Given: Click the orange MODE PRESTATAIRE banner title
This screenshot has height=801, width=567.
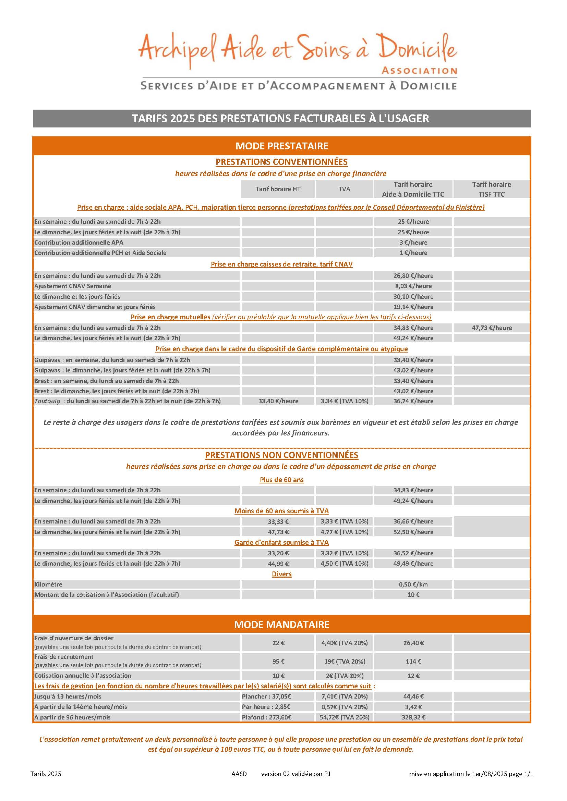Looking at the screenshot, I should click(x=282, y=146).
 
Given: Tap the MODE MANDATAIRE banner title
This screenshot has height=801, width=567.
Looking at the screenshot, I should click(x=282, y=624).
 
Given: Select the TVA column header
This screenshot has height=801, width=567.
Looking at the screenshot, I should click(x=344, y=189).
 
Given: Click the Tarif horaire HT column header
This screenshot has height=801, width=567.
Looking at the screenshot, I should click(x=278, y=189).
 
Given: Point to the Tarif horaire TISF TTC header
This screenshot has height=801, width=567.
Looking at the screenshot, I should click(x=491, y=189).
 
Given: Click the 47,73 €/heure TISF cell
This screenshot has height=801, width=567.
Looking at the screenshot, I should click(x=492, y=328).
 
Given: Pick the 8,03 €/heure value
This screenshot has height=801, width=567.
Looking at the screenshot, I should click(x=413, y=286).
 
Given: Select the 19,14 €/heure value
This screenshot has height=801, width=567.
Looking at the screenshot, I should click(x=413, y=307).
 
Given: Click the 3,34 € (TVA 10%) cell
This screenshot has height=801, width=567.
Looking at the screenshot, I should click(x=344, y=401).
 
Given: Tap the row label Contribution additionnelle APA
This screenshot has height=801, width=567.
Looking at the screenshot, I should click(x=79, y=243).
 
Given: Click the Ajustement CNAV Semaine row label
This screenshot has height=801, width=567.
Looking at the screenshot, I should click(x=73, y=286).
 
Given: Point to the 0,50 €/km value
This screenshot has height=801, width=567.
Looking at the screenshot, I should click(x=413, y=584).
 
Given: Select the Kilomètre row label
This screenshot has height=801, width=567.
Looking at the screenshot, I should click(x=48, y=584).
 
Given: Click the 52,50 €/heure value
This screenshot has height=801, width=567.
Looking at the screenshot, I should click(x=413, y=532).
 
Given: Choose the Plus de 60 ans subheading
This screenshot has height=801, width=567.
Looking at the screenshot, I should click(x=281, y=480).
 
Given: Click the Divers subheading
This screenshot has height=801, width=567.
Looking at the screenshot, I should click(x=281, y=574).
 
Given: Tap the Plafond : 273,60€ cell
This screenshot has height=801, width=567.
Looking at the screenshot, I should click(x=266, y=717).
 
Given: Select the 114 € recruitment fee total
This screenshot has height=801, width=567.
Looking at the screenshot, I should click(x=413, y=662).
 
